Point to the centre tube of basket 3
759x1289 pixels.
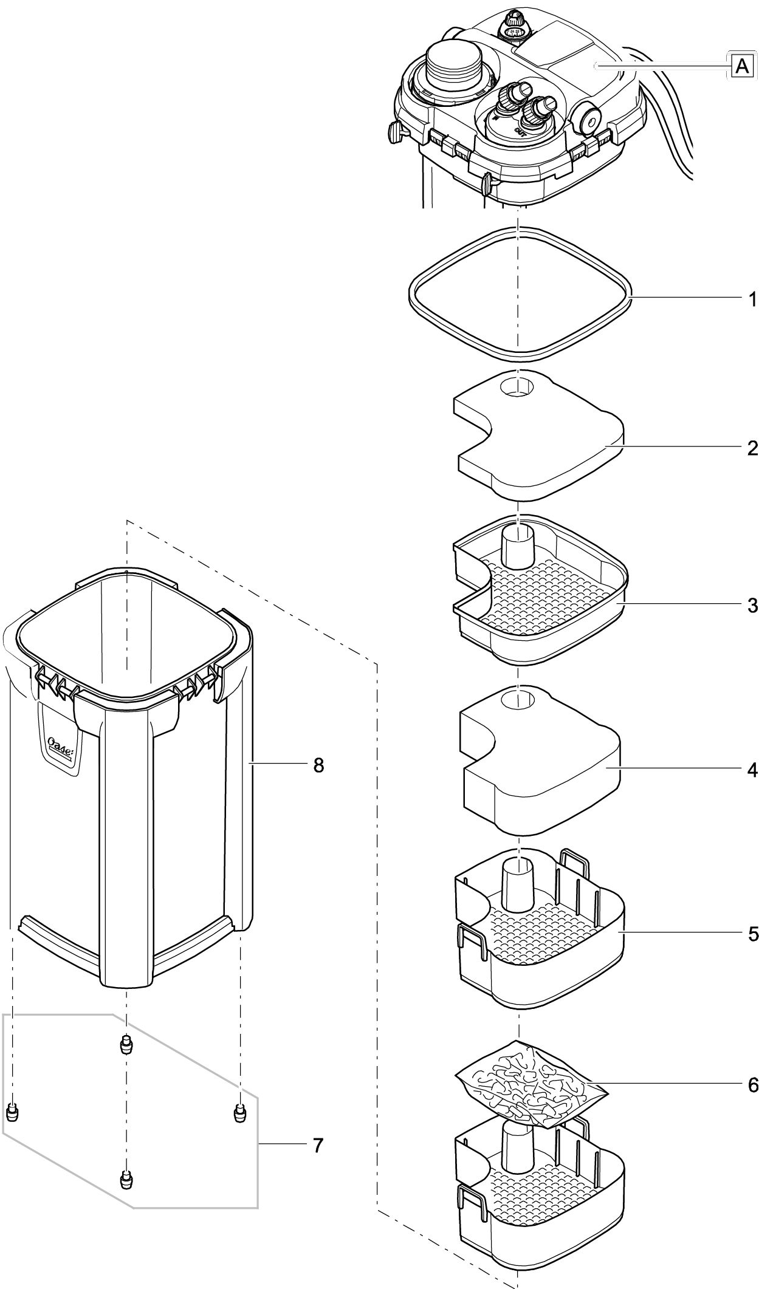pos(517,545)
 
